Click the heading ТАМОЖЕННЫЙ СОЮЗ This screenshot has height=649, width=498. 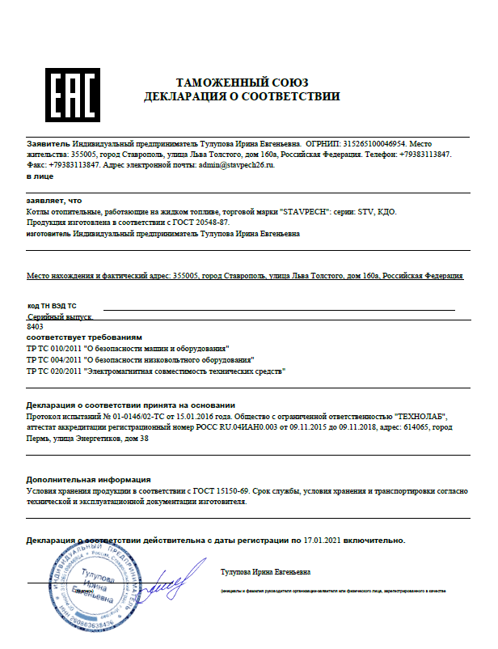click(x=242, y=83)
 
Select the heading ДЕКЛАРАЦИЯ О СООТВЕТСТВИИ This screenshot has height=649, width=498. click(x=242, y=97)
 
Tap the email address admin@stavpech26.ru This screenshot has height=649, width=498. click(x=236, y=164)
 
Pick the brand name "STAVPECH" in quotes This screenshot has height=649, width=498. click(x=305, y=211)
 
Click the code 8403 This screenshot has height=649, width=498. click(x=35, y=326)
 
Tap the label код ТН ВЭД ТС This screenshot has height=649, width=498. click(x=52, y=306)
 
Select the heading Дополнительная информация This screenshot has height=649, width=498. click(x=88, y=479)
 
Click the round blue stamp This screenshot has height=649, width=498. click(x=102, y=583)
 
